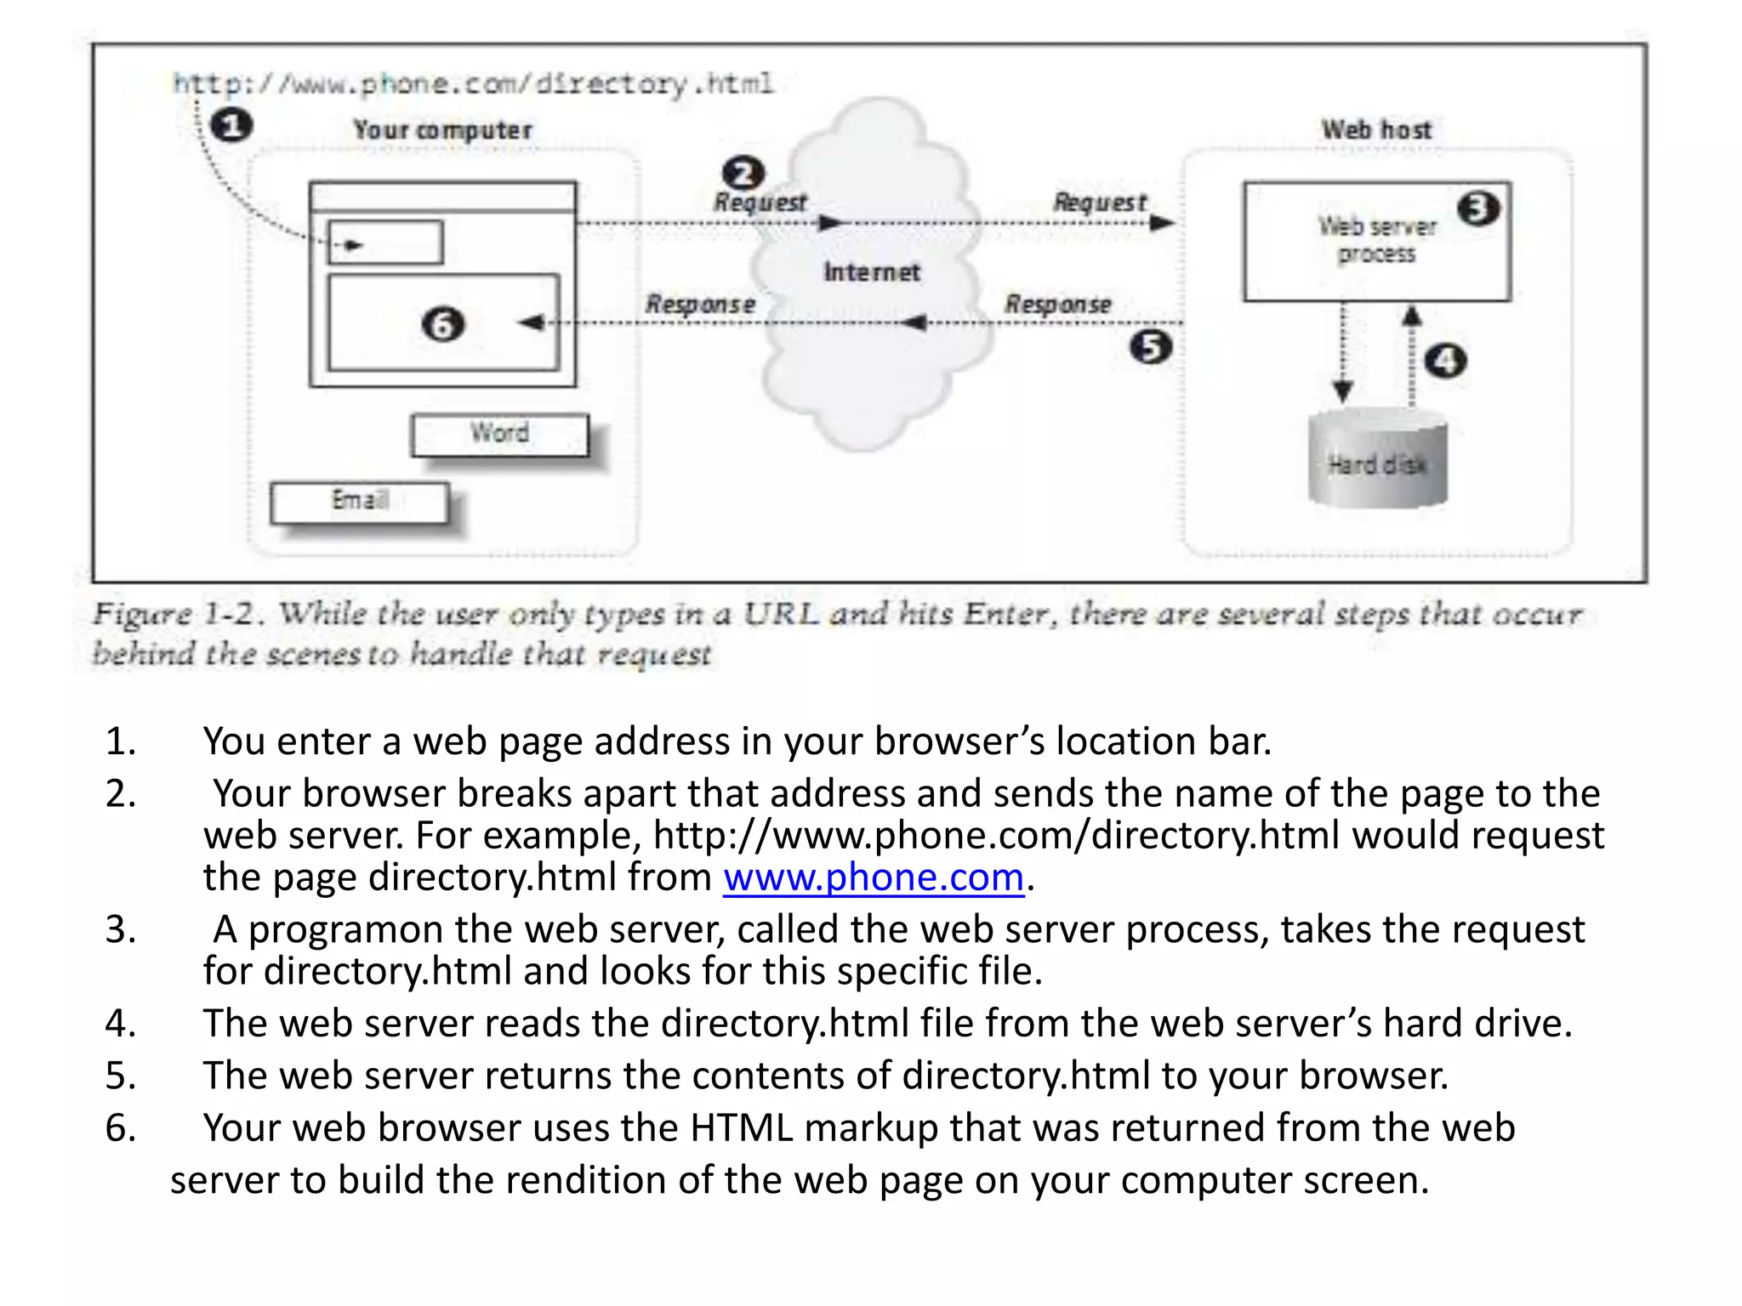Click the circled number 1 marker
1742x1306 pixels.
click(x=231, y=126)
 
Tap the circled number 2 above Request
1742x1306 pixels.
click(x=743, y=173)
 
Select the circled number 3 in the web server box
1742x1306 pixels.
click(x=1478, y=208)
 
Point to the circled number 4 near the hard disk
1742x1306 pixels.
click(x=1445, y=361)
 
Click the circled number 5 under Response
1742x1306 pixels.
click(x=1151, y=347)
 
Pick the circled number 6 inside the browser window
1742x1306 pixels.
click(x=443, y=324)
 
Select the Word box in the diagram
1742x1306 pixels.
click(x=500, y=434)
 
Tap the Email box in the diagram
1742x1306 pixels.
click(x=360, y=502)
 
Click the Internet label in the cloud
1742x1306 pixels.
click(x=871, y=272)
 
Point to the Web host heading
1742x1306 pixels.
click(x=1376, y=129)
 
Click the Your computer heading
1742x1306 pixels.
click(x=442, y=129)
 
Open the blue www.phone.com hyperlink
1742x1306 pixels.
click(x=874, y=877)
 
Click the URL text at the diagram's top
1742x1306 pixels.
click(x=473, y=83)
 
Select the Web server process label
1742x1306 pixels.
click(x=1376, y=240)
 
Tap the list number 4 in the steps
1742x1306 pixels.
click(x=119, y=1023)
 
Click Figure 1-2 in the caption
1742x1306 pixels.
click(x=174, y=613)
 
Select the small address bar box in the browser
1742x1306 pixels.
click(x=385, y=243)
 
